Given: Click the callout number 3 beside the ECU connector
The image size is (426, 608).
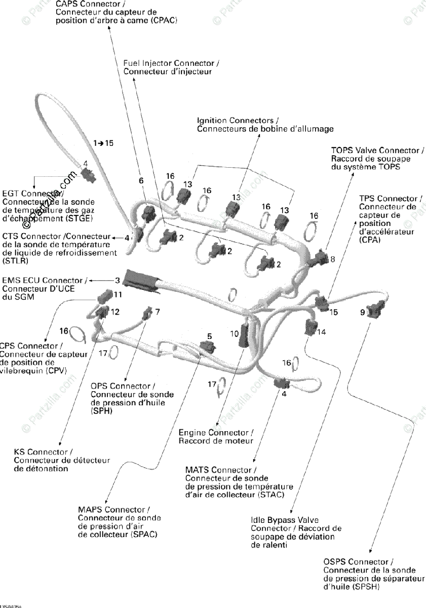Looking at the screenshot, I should click(118, 280).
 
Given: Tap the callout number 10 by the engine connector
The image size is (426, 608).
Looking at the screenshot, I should click(234, 334).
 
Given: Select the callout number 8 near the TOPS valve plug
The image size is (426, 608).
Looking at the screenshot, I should click(333, 259).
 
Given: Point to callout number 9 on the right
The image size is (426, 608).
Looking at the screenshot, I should click(362, 313).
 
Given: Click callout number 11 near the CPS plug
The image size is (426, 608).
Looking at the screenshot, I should click(118, 294).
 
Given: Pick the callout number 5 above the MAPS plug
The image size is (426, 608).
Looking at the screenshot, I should click(209, 336).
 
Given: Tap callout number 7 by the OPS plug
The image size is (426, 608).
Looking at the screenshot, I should click(158, 312).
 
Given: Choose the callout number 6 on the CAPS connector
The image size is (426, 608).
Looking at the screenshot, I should click(141, 181).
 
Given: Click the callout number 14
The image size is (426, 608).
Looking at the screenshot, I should click(322, 332).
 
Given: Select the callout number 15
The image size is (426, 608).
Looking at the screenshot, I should click(333, 313).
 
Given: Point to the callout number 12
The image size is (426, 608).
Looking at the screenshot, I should click(115, 312).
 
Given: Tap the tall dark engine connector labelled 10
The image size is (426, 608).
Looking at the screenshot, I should click(244, 335).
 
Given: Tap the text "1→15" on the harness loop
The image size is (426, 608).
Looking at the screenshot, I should click(103, 143).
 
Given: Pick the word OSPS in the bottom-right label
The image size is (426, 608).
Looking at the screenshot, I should click(334, 562).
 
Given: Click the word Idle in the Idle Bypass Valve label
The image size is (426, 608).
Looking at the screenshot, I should click(257, 520).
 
